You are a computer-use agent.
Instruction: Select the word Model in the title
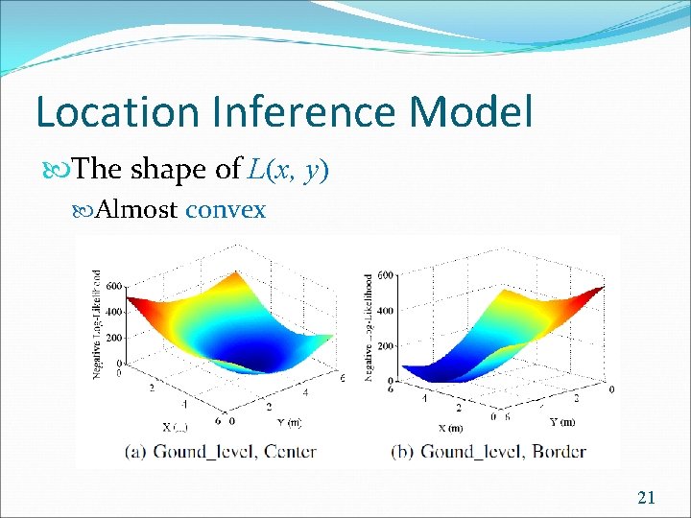470,112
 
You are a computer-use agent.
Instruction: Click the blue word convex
226,210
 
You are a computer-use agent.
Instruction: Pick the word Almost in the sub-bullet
137,210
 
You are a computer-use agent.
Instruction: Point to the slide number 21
646,497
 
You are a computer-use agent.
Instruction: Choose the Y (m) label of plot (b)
562,421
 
